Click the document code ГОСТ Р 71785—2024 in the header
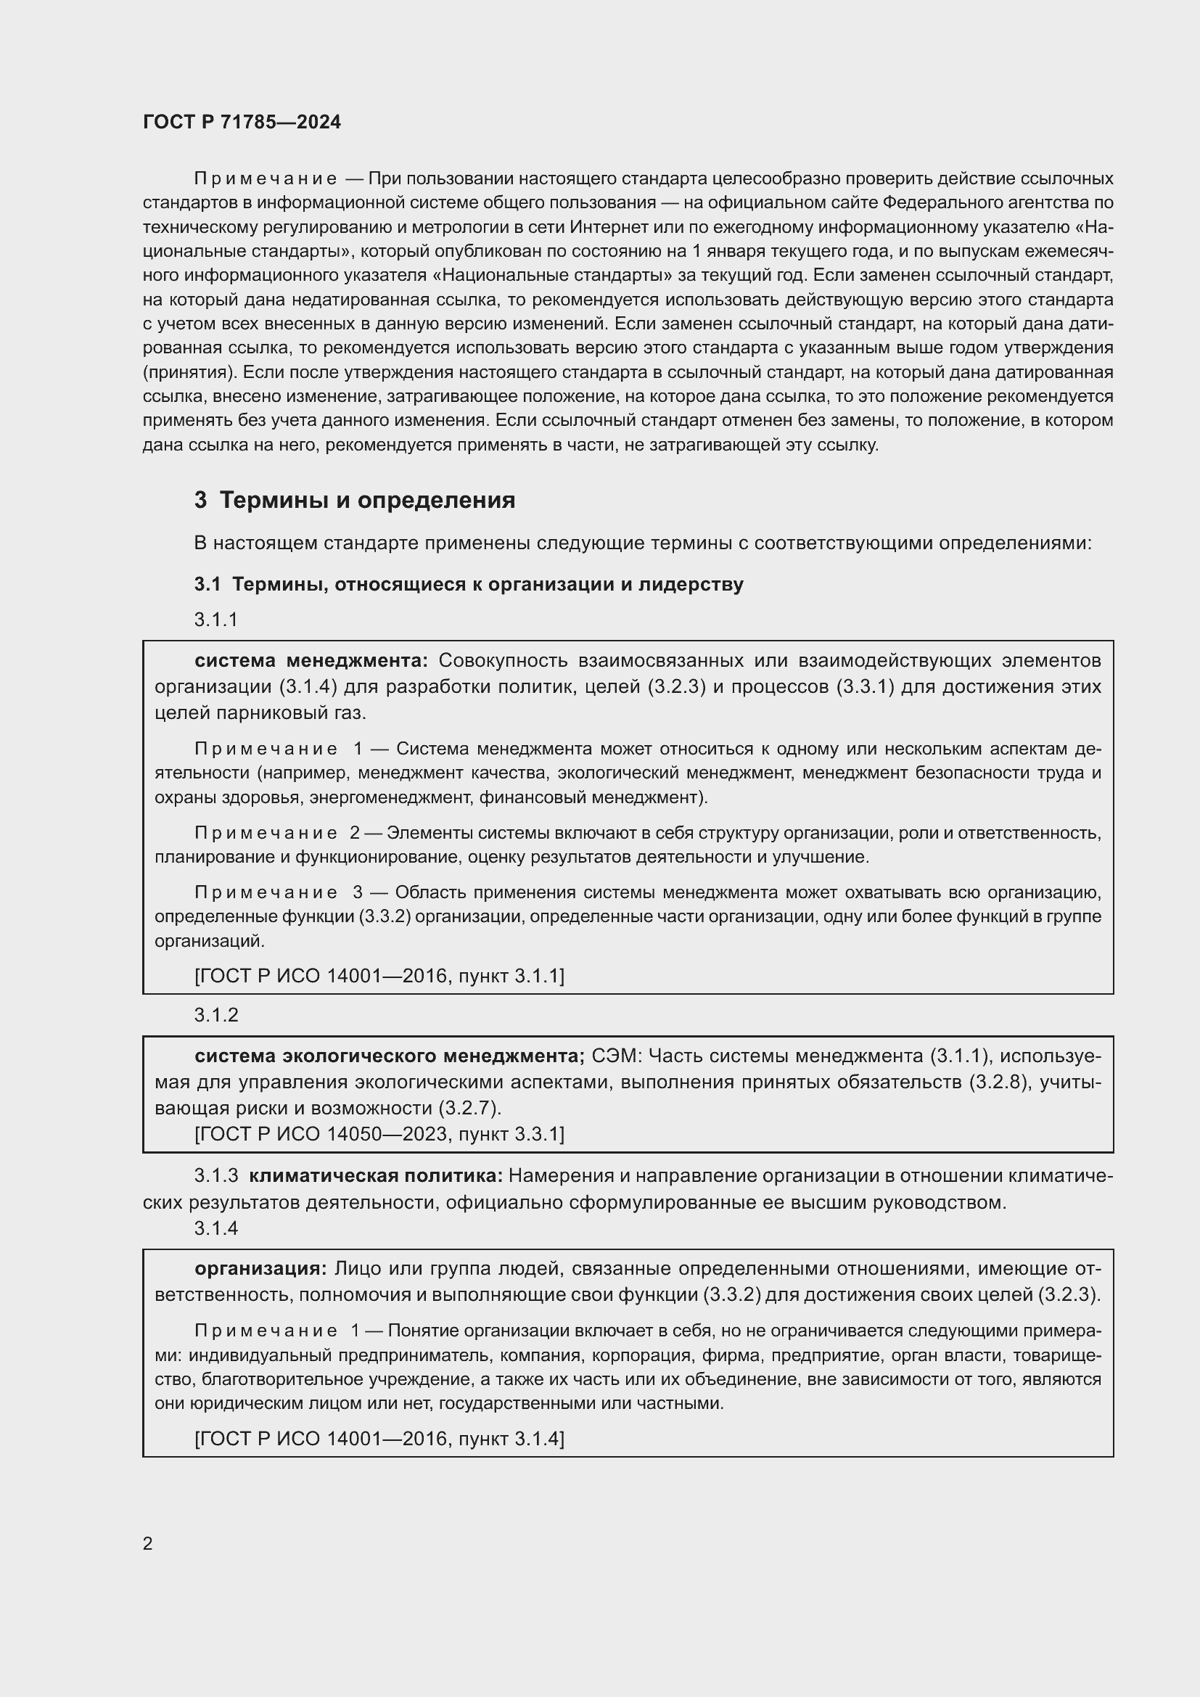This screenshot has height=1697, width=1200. click(x=242, y=123)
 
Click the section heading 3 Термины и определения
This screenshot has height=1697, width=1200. click(x=355, y=501)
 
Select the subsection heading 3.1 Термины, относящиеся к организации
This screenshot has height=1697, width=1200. click(x=469, y=584)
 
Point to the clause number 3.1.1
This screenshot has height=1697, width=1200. click(x=215, y=620)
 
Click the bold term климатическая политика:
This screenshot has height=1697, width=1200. click(x=376, y=1175)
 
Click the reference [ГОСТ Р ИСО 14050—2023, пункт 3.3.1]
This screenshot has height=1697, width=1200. click(x=379, y=1134)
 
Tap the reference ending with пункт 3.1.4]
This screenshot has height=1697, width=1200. click(x=379, y=1438)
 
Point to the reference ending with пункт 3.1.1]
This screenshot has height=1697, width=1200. click(x=379, y=976)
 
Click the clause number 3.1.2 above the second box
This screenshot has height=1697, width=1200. click(x=215, y=1015)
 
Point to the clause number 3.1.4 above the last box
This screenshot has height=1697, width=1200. click(x=215, y=1228)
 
